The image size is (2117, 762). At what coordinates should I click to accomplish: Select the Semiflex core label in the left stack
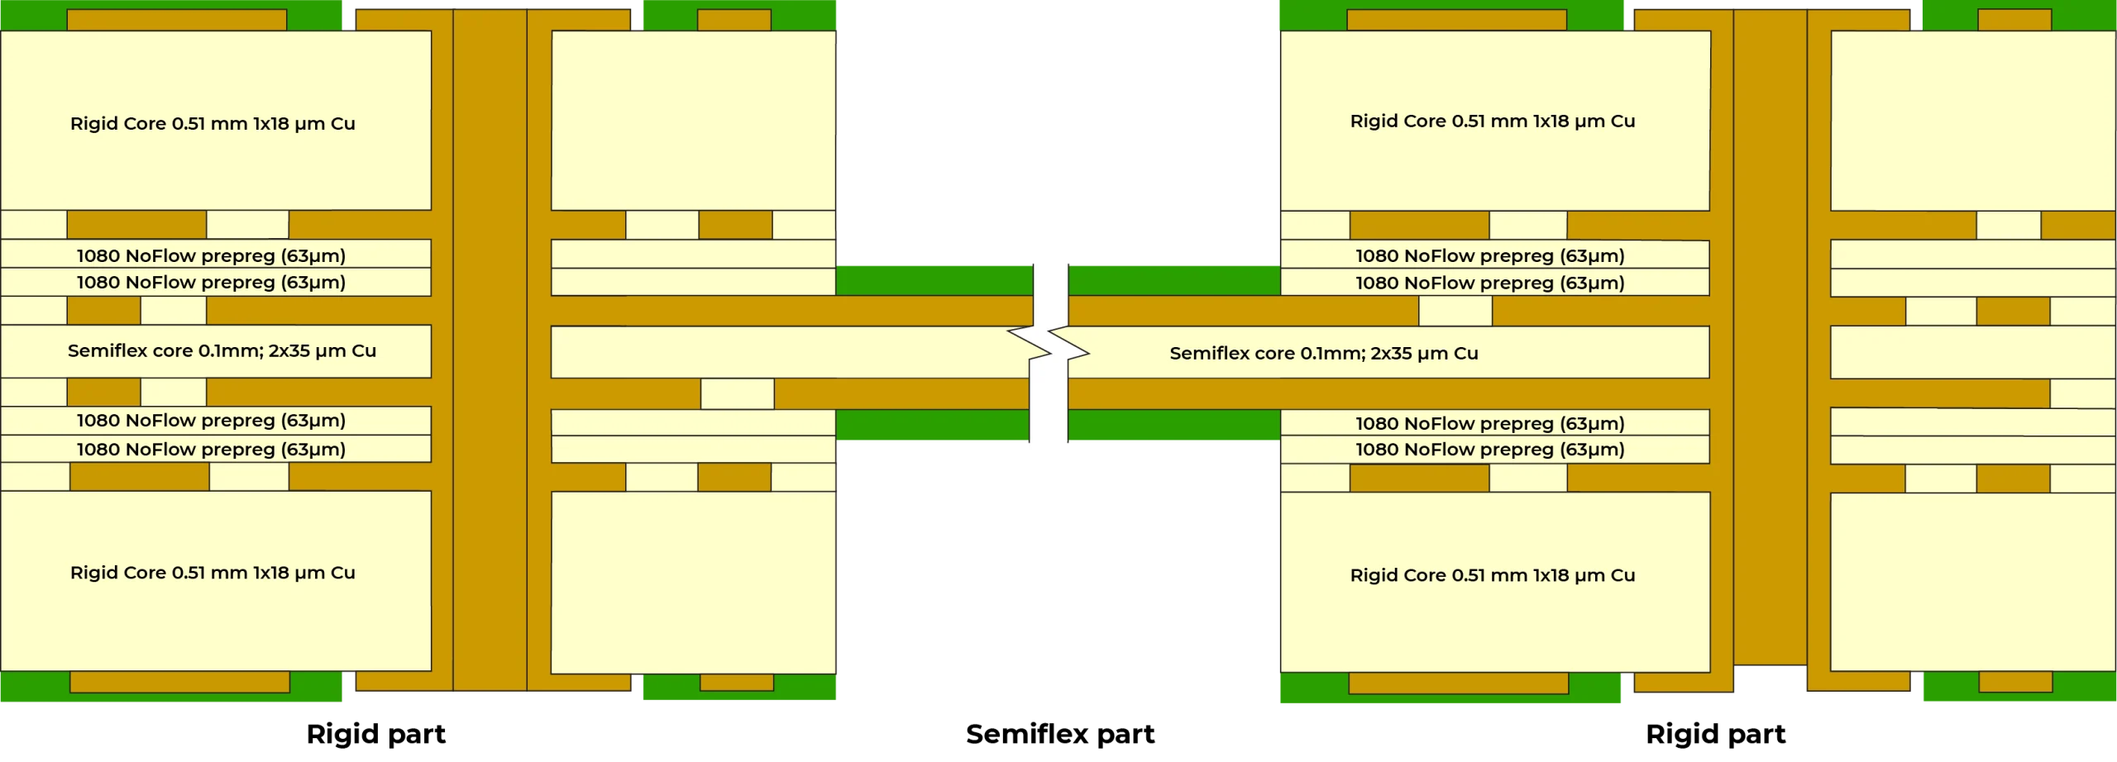coord(222,350)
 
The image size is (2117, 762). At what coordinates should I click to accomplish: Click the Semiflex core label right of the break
coord(1323,353)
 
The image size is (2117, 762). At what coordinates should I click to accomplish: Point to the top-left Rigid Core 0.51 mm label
coord(213,123)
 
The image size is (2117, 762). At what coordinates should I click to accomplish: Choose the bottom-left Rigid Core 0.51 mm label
coord(213,573)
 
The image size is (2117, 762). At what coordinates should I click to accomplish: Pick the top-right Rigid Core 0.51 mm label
coord(1492,121)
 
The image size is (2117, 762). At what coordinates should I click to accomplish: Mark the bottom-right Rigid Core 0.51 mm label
coord(1492,575)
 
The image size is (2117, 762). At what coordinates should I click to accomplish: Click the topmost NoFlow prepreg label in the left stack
coord(211,255)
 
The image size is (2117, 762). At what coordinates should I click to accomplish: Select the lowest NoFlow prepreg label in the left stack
coord(211,450)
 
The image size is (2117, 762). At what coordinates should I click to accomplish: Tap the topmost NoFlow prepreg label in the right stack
coord(1489,256)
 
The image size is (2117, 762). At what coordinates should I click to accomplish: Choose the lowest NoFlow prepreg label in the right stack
coord(1489,450)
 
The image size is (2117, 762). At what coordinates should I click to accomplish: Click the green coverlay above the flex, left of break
coord(934,279)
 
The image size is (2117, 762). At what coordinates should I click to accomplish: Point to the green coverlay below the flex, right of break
coord(1174,426)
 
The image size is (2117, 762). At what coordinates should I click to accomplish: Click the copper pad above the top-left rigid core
coord(176,20)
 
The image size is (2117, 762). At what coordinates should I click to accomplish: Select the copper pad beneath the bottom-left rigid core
coord(179,682)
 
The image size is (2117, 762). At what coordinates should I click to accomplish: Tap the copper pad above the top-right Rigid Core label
coord(1456,20)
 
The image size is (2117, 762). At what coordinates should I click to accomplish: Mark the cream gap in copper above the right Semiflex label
coord(1455,311)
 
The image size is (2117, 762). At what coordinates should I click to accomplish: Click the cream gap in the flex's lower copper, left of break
coord(737,394)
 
